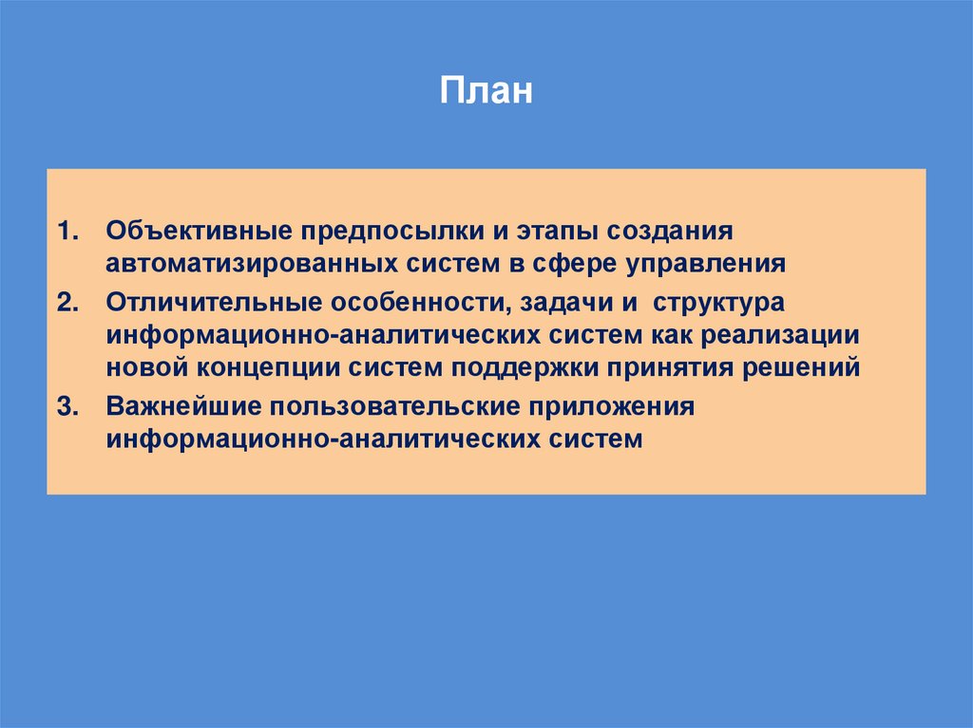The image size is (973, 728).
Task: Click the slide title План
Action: coord(486,93)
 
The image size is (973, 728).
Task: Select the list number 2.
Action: coord(67,303)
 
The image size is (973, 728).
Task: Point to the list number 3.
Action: coord(67,407)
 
